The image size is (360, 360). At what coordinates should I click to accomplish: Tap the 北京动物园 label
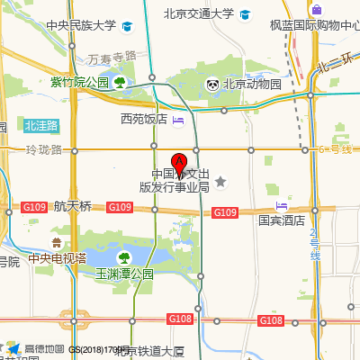[x=252, y=85]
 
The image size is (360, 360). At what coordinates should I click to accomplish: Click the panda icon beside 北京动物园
[x=212, y=85]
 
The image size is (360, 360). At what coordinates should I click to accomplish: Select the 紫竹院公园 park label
[x=79, y=83]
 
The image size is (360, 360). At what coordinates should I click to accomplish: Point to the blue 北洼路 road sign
[x=41, y=125]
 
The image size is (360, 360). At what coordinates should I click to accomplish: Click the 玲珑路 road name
[x=43, y=148]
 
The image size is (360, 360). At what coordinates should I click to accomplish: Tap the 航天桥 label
[x=73, y=206]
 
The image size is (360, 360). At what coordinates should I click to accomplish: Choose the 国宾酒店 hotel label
[x=282, y=219]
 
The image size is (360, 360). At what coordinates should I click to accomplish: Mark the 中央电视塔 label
[x=57, y=258]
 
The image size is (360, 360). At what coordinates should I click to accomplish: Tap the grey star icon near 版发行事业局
[x=220, y=183]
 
